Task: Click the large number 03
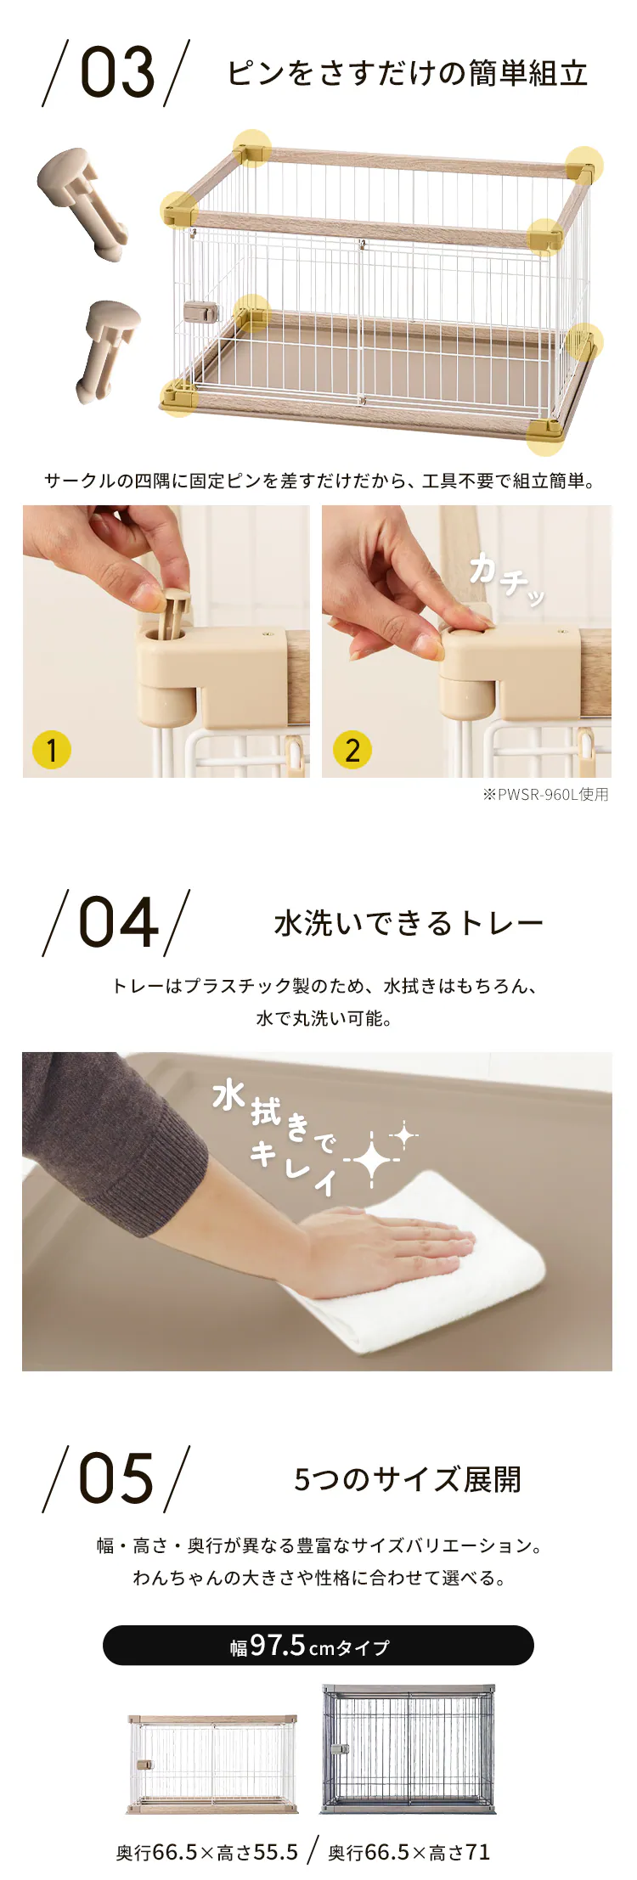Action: click(x=118, y=72)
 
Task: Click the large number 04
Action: click(x=118, y=923)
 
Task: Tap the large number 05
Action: click(x=117, y=1478)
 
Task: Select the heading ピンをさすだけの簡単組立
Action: click(x=408, y=73)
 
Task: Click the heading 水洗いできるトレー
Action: click(x=409, y=923)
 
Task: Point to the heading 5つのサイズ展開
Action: click(x=408, y=1479)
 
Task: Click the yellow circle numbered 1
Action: click(x=51, y=750)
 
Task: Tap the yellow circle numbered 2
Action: click(x=352, y=750)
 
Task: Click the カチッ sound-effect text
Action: click(x=507, y=580)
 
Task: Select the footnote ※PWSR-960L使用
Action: click(x=545, y=795)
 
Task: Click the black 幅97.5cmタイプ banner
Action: click(x=318, y=1646)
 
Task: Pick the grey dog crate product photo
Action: click(x=408, y=1749)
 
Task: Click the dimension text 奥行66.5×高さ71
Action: click(x=409, y=1853)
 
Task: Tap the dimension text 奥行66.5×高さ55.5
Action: click(x=207, y=1853)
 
